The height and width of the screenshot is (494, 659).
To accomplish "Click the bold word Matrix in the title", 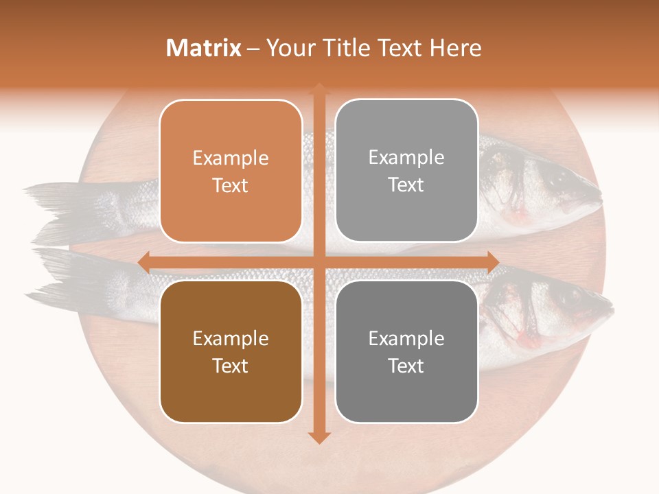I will tap(204, 48).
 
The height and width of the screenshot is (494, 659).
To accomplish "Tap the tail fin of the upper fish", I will tap(58, 206).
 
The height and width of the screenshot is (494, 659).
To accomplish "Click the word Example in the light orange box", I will tap(231, 158).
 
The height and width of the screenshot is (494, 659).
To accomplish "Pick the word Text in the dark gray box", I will tap(406, 366).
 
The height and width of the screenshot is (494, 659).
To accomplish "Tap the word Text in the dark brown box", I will tap(231, 366).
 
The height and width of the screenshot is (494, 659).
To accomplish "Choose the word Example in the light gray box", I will tap(406, 158).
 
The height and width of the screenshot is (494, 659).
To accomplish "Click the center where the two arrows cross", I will tap(319, 262).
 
